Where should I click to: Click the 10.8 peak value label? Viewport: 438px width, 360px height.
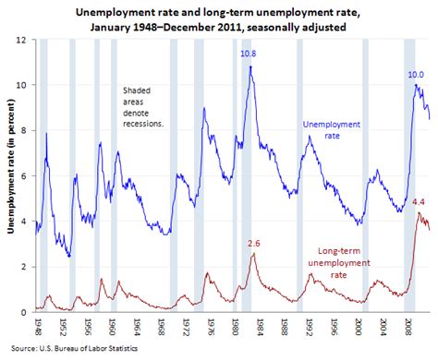point(249,54)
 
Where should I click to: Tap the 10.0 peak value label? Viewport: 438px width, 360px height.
point(416,74)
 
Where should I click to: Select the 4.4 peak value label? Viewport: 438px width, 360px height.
point(417,201)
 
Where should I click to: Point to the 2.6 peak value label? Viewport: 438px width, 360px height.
point(253,243)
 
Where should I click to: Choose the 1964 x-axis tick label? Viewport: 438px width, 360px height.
point(135,329)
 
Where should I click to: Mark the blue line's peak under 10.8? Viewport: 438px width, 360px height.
point(249,66)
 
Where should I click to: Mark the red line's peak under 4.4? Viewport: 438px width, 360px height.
point(418,212)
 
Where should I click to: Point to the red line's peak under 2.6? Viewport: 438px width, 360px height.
point(254,254)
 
